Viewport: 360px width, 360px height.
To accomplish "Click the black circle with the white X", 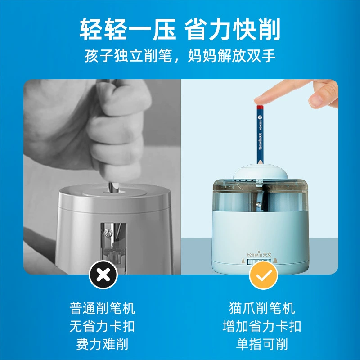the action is pos(103,274).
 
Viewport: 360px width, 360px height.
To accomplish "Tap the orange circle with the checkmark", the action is pos(264,275).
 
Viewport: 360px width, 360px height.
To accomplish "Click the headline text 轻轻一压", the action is pos(128,29).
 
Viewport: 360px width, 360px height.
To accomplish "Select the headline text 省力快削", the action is pos(232,29).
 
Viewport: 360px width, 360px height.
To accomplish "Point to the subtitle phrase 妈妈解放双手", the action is pos(232,56).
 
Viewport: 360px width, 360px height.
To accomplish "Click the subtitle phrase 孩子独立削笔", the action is pos(128,56).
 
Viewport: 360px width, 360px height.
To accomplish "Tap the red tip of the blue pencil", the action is pos(259,107).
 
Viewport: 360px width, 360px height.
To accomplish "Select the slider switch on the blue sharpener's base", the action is pos(259,262).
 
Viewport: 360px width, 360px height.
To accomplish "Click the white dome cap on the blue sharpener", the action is pos(261,172).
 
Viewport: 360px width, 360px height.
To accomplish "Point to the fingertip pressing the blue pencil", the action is pos(261,100).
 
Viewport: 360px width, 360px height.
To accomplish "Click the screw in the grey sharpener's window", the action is pos(107,233).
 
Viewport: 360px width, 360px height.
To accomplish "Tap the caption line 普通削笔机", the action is pos(103,308).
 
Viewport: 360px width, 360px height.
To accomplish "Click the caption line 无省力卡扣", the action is pos(103,326).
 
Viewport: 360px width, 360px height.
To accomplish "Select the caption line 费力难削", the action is pos(103,344).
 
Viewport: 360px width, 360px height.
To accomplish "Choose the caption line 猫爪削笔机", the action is pos(262,308).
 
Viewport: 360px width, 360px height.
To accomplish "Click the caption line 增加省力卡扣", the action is pos(262,326).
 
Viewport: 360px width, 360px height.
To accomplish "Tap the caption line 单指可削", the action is pos(262,344).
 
